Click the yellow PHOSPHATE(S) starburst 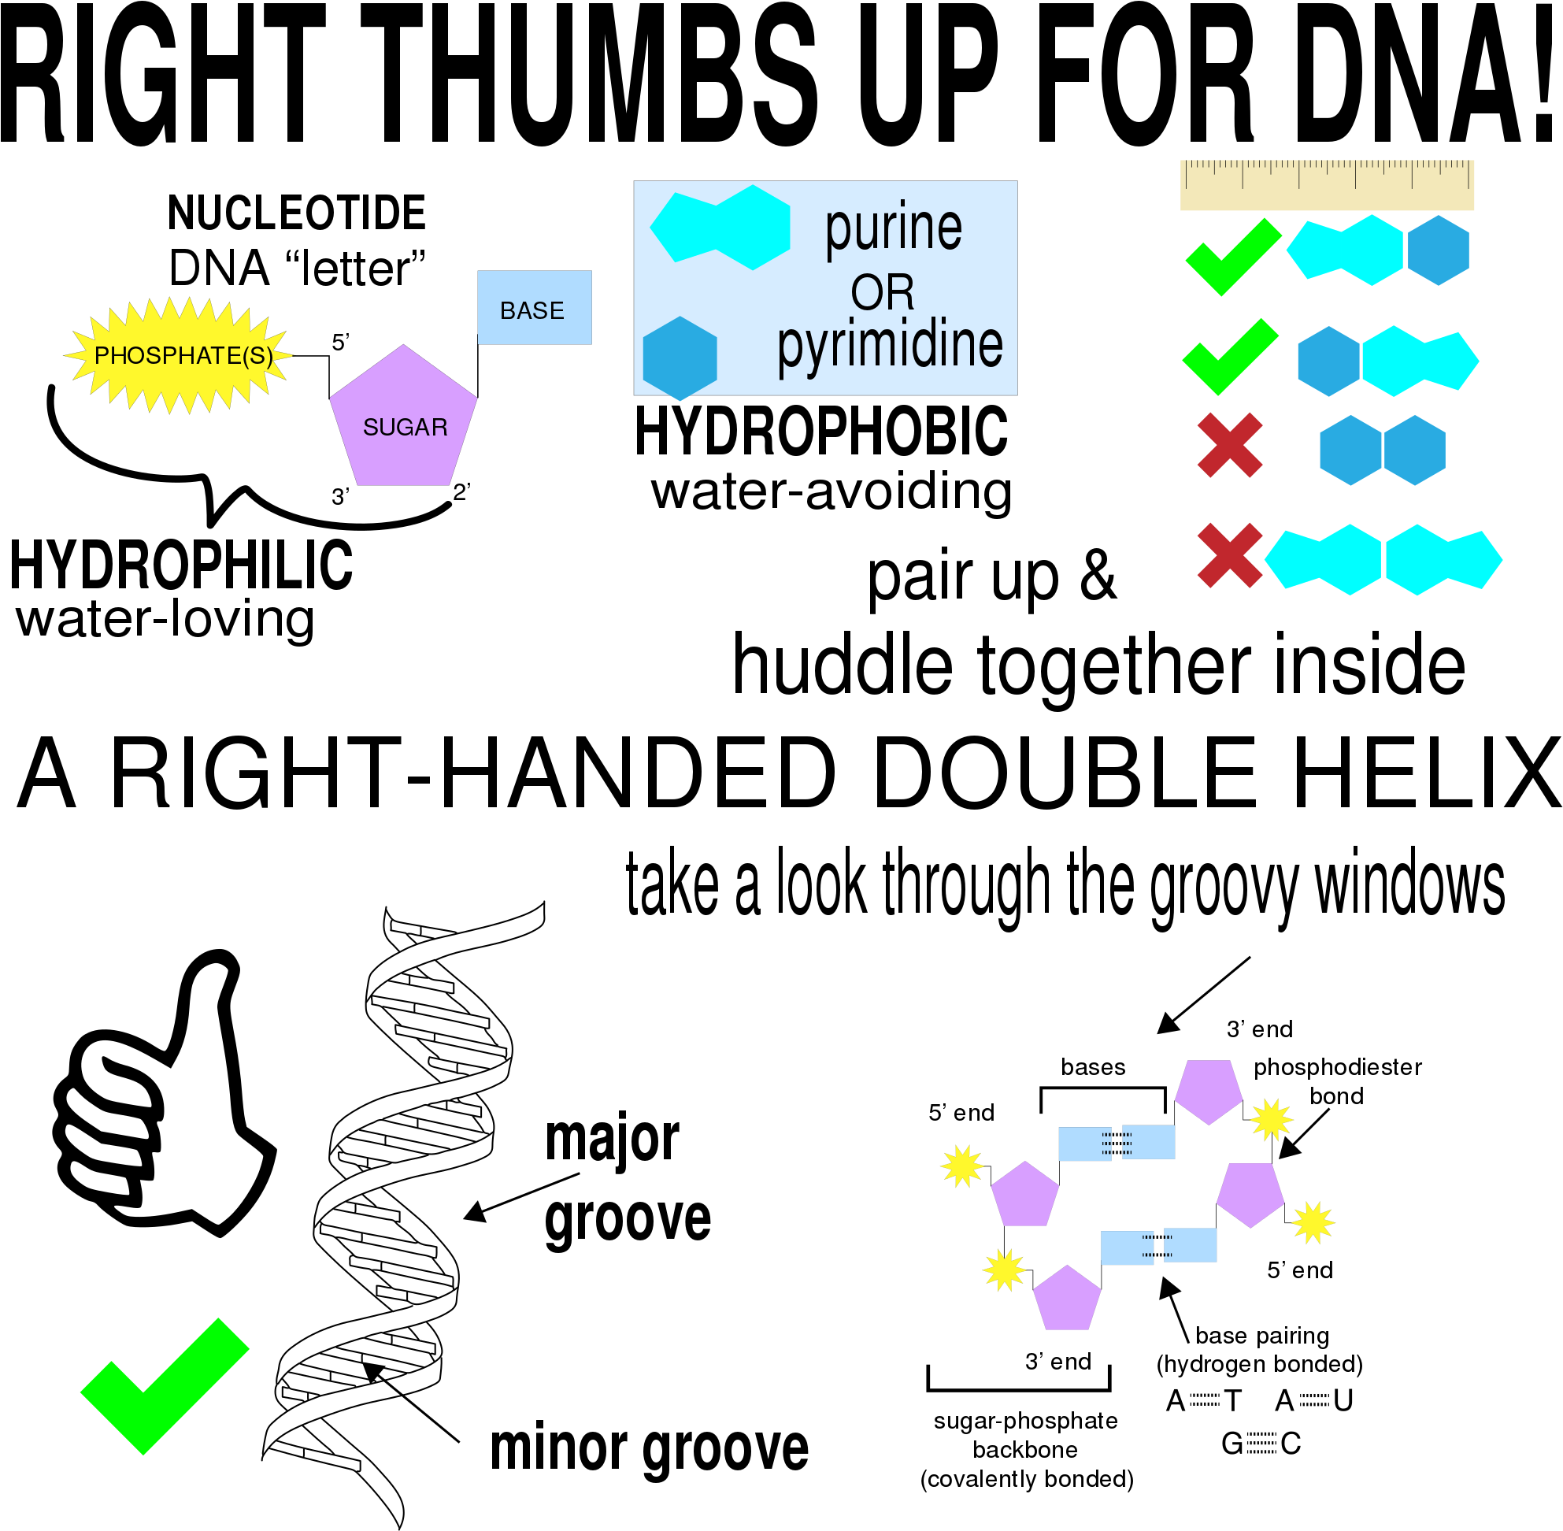(x=179, y=355)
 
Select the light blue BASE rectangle (x=535, y=308)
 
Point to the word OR (x=882, y=292)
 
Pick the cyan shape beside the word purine (x=720, y=228)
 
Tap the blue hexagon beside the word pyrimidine (x=680, y=358)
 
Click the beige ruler (x=1327, y=185)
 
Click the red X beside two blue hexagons (x=1229, y=446)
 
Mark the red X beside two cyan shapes (x=1229, y=556)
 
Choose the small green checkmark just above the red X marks (x=1229, y=357)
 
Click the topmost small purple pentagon (x=1209, y=1090)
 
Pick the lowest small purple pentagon (x=1067, y=1300)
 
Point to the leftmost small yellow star (x=961, y=1166)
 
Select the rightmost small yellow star (x=1313, y=1223)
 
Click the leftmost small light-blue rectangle (x=1084, y=1144)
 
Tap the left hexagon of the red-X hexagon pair (x=1350, y=450)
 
